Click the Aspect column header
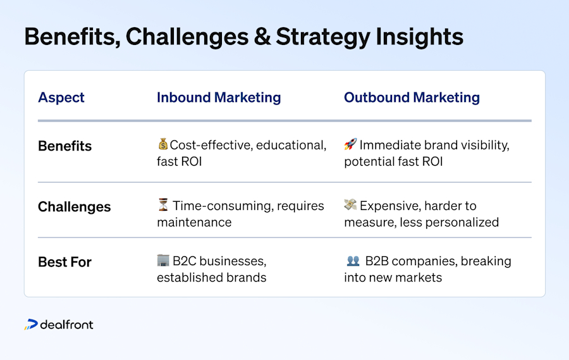click(61, 97)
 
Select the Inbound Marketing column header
click(219, 97)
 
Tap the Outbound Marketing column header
click(412, 97)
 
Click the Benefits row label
click(65, 146)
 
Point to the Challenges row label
click(75, 207)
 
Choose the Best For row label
click(64, 262)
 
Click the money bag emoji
click(163, 144)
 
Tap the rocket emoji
click(350, 144)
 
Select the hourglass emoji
click(163, 204)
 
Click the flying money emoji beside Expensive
click(350, 204)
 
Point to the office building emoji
click(163, 260)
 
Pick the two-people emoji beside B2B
click(353, 261)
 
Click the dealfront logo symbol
click(31, 325)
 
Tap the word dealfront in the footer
click(67, 325)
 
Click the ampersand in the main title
click(262, 37)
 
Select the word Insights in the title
click(420, 37)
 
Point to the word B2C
click(185, 261)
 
